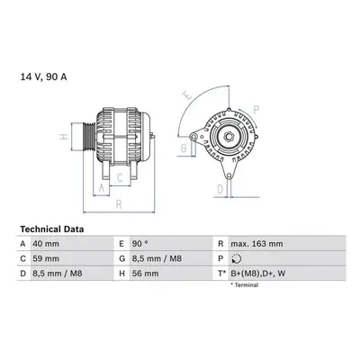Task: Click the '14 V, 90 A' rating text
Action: (43, 77)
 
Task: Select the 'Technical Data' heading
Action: (52, 229)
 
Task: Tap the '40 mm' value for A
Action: (46, 244)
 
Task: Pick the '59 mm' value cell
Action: (46, 258)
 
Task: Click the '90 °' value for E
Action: (139, 244)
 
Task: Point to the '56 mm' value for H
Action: (145, 274)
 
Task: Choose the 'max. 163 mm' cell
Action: (256, 244)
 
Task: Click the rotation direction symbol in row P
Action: (237, 258)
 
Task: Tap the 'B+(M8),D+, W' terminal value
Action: (257, 274)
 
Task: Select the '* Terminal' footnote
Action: (244, 285)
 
